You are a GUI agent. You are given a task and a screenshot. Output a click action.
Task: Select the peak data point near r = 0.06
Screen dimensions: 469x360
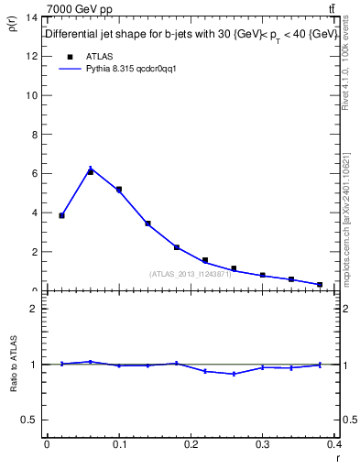(90, 171)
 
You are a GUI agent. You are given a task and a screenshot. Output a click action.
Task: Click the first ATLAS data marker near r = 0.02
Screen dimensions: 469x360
(61, 215)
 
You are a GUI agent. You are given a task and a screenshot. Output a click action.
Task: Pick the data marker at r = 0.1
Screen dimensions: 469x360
(119, 190)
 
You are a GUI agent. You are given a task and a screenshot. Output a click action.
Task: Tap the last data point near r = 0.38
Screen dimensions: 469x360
(320, 285)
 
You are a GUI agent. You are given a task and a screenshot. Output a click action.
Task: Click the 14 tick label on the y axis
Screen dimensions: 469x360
(32, 17)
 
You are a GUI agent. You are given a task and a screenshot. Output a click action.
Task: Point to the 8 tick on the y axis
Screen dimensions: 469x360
(35, 134)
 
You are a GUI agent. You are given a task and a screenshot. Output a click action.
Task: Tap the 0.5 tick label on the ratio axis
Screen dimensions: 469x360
(30, 420)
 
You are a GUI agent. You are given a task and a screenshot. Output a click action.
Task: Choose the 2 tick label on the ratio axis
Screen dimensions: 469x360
(35, 309)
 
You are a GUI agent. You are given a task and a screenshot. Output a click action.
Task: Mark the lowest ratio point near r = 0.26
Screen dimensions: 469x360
(234, 374)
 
